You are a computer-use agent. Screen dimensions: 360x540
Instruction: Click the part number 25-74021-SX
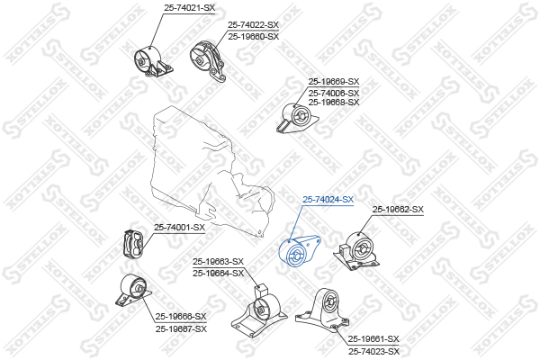coord(190,7)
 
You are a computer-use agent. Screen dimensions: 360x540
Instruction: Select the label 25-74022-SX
coord(253,25)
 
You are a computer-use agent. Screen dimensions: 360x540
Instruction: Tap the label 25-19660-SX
coord(253,36)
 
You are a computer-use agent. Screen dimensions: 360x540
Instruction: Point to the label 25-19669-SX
coord(333,82)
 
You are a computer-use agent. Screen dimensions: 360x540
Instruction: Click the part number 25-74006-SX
coord(333,93)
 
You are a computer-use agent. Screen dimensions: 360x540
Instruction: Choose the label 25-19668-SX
coord(333,103)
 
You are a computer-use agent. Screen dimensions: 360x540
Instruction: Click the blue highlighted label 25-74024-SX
coord(328,199)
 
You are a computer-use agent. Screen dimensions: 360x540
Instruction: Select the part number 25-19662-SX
coord(398,210)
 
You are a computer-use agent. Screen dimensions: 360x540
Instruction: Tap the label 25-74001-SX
coord(179,227)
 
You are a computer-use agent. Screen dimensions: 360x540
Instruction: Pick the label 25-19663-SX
coord(218,262)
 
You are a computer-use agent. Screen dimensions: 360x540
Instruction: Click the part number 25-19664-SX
coord(218,273)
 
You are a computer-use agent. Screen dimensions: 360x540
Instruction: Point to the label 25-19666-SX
coord(181,317)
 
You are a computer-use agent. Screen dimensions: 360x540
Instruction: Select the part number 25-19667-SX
coord(181,328)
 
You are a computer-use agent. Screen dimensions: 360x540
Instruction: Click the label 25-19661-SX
coord(373,339)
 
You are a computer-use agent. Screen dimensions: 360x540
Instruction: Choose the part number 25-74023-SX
coord(373,351)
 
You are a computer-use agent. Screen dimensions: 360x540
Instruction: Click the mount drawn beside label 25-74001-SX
coord(134,244)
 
